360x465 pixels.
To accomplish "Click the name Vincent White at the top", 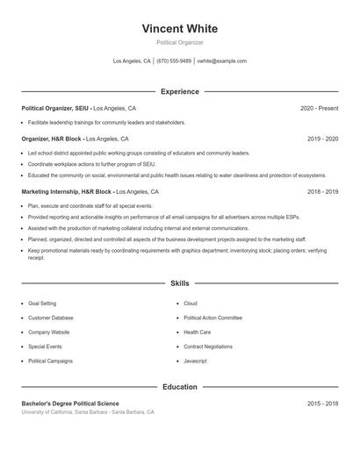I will pyautogui.click(x=179, y=29).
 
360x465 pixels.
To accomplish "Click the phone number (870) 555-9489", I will pyautogui.click(x=174, y=61).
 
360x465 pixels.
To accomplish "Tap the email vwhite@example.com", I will pyautogui.click(x=222, y=61).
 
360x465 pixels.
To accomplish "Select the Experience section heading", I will pyautogui.click(x=179, y=91).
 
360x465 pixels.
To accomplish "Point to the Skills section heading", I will pyautogui.click(x=179, y=283).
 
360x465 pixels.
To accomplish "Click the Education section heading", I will pyautogui.click(x=179, y=386).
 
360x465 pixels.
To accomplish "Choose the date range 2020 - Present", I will pyautogui.click(x=319, y=108).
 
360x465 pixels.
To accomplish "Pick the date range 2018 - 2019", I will pyautogui.click(x=323, y=191).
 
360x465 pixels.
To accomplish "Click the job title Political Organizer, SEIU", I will pyautogui.click(x=55, y=108).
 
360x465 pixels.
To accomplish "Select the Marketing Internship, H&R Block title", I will pyautogui.click(x=67, y=191).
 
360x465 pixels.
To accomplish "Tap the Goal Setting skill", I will pyautogui.click(x=42, y=304).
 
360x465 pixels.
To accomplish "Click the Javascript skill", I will pyautogui.click(x=195, y=361).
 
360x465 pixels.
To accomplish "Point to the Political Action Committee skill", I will pyautogui.click(x=212, y=318).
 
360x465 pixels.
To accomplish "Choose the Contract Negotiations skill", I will pyautogui.click(x=208, y=347).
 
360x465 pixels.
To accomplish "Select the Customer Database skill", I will pyautogui.click(x=51, y=318).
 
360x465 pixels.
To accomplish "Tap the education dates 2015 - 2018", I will pyautogui.click(x=323, y=403).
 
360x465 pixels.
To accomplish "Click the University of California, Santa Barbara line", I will pyautogui.click(x=88, y=411).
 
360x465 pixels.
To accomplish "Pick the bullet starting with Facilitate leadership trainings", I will pyautogui.click(x=106, y=123).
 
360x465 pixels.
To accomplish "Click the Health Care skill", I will pyautogui.click(x=197, y=333).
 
